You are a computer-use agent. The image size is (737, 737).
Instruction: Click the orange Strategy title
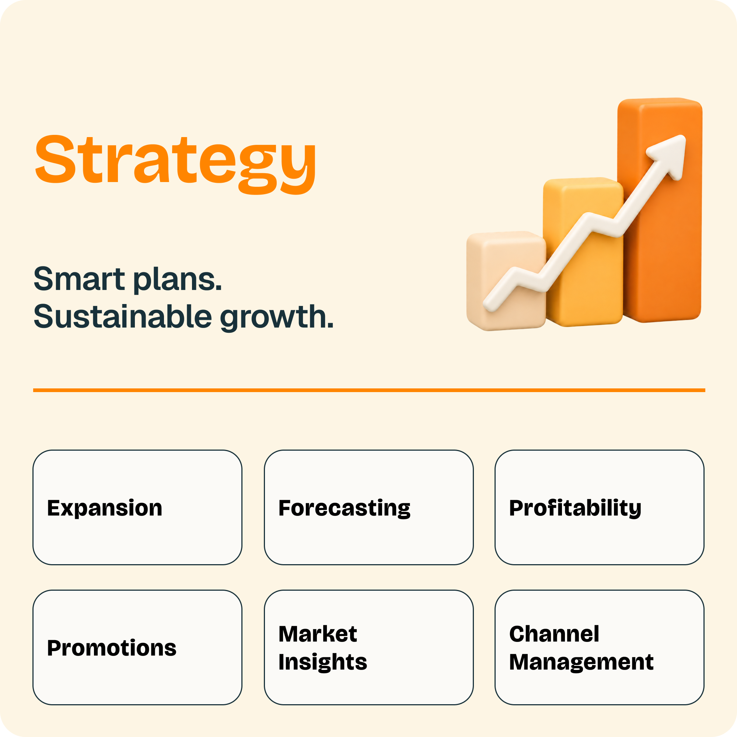[x=175, y=164]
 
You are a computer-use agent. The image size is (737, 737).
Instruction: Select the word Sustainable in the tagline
[x=122, y=316]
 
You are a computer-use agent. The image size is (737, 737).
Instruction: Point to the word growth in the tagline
[x=277, y=318]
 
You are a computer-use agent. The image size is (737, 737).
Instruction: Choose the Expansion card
[x=137, y=507]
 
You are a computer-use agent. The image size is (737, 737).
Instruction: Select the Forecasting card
[x=368, y=507]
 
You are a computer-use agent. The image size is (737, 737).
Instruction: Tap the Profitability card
[x=599, y=507]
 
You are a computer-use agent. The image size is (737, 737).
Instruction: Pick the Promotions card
[x=137, y=647]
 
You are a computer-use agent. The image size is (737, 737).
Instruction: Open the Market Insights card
[x=368, y=647]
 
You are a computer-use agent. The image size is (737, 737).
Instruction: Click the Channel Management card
[x=599, y=647]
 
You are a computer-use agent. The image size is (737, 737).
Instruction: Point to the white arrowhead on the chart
[x=668, y=154]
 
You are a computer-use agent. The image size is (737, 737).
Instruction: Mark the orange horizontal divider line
[x=369, y=390]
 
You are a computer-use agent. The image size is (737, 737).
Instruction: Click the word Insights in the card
[x=323, y=662]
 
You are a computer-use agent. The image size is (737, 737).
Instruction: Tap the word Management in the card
[x=581, y=662]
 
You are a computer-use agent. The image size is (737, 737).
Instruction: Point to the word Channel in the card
[x=554, y=634]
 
